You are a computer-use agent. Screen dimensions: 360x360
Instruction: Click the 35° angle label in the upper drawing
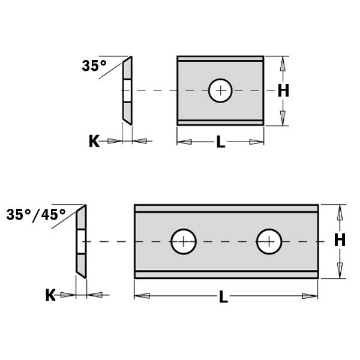pos(94,66)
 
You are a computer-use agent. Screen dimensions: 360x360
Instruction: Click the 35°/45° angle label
pos(37,214)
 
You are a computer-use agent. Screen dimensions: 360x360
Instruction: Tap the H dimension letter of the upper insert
pos(284,91)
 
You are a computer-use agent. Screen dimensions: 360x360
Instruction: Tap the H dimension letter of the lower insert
pos(340,240)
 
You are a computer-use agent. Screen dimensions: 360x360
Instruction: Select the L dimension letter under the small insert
pos(220,142)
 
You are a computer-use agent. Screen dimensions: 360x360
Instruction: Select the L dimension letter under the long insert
pos(223,296)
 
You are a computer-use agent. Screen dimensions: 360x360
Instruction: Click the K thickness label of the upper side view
pos(94,141)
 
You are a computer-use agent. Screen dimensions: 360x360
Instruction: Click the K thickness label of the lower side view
pos(50,295)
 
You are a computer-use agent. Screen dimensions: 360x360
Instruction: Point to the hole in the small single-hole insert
pos(221,91)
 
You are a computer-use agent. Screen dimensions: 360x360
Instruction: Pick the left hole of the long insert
pos(184,242)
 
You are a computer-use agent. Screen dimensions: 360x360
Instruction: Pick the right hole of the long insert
pos(269,242)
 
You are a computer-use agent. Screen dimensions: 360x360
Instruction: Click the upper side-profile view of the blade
pos(127,91)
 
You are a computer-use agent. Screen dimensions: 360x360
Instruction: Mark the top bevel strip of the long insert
pos(226,208)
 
